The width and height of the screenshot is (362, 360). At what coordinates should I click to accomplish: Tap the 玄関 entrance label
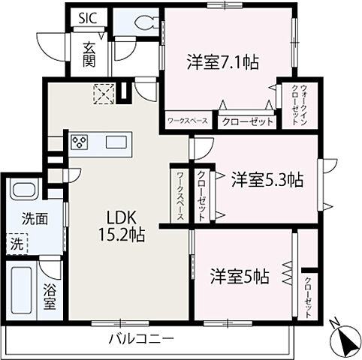point(89,52)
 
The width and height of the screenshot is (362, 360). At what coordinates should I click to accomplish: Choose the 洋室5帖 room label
point(240,275)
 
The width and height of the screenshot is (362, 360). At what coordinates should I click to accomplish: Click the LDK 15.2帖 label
point(119,224)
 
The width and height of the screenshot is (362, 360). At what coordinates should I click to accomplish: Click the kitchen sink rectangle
point(116,142)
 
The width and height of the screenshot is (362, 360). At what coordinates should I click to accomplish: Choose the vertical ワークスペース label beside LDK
point(181,193)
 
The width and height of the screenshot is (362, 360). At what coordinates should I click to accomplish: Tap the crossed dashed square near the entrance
point(101,94)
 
